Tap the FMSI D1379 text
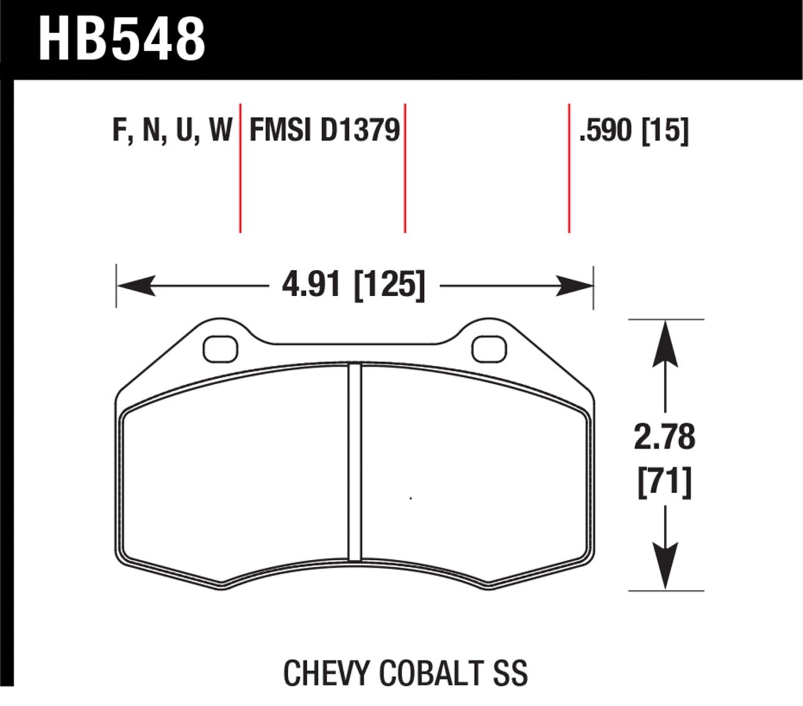pyautogui.click(x=324, y=131)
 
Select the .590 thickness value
pyautogui.click(x=605, y=131)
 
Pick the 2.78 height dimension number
pyautogui.click(x=664, y=437)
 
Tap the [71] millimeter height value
pyautogui.click(x=664, y=483)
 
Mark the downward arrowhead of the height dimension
pyautogui.click(x=665, y=568)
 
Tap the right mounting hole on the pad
pyautogui.click(x=489, y=349)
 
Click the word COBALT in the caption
pyautogui.click(x=427, y=673)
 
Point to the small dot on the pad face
pyautogui.click(x=410, y=499)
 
